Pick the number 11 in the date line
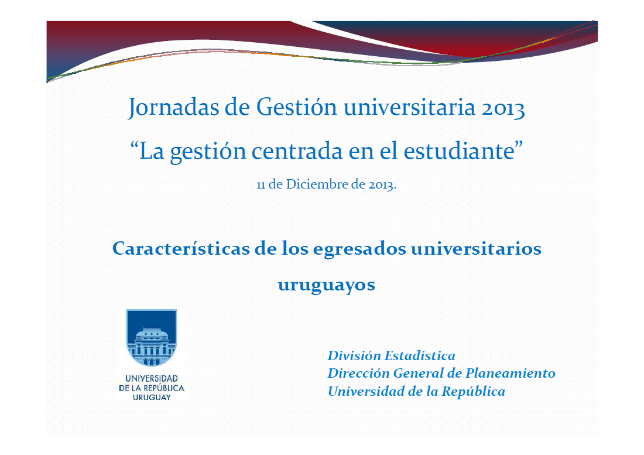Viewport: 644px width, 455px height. point(261,184)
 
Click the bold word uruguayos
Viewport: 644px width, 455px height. point(326,285)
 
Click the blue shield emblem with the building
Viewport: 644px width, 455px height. point(152,338)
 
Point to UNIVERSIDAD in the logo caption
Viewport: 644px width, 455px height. point(152,379)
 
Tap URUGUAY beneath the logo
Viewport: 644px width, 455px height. point(152,397)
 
